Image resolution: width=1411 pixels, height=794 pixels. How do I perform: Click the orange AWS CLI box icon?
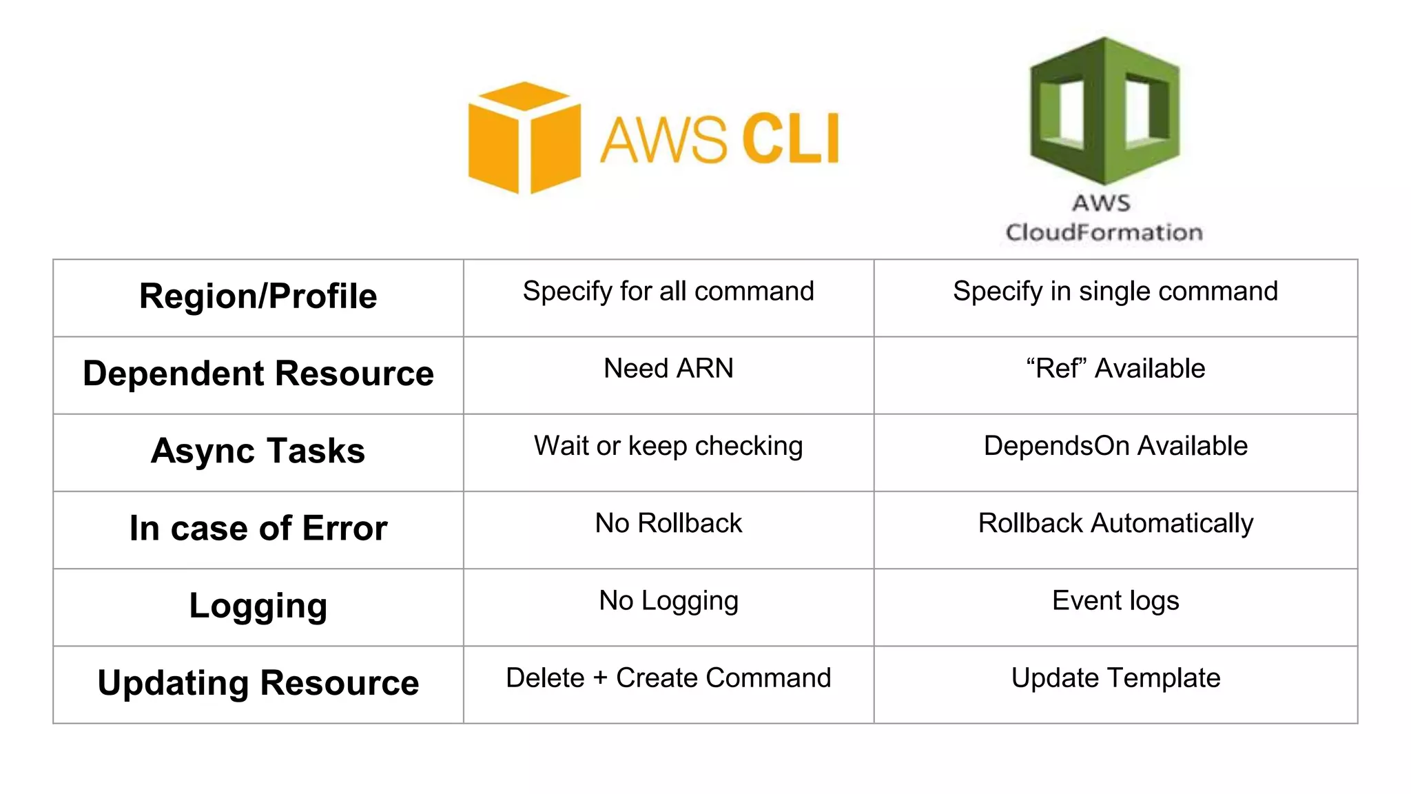click(524, 138)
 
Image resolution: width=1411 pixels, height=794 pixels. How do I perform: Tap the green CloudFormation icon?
click(1104, 110)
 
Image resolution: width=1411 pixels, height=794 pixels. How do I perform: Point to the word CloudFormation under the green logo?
click(1104, 232)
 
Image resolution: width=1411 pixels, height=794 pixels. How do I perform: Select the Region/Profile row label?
click(258, 296)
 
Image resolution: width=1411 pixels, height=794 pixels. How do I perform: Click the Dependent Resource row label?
click(258, 374)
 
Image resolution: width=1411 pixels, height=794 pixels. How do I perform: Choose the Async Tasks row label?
click(258, 451)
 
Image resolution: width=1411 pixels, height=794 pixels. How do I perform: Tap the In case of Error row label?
click(258, 529)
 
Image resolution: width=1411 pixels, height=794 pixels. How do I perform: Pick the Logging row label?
click(258, 606)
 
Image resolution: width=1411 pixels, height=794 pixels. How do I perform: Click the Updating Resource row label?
click(258, 683)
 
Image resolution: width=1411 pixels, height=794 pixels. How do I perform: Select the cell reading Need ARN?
click(668, 369)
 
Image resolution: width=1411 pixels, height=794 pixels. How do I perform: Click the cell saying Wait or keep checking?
click(668, 446)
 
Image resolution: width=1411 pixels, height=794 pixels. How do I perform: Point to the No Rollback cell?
click(668, 523)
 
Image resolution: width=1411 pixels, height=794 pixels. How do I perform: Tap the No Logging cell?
click(668, 600)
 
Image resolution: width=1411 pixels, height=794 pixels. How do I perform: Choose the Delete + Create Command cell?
click(668, 678)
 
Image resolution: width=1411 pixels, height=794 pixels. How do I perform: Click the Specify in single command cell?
click(1115, 292)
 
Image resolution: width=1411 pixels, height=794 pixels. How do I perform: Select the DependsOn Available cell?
click(1115, 446)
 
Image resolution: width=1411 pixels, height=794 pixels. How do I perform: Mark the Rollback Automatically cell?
click(1115, 523)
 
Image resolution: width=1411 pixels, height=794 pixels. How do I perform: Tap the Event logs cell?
click(1115, 600)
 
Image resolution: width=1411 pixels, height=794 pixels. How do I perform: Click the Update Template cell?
click(1115, 678)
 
